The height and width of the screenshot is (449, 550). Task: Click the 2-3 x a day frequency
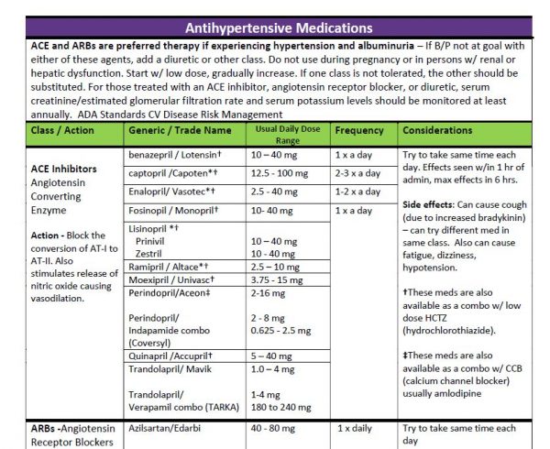[x=357, y=173]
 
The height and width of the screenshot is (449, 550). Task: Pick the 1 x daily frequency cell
[x=354, y=428]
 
